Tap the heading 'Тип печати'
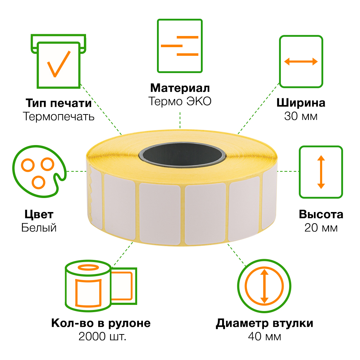point(59,103)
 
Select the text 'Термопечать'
point(59,116)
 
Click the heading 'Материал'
point(180,88)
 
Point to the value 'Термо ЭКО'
point(180,101)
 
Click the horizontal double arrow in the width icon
point(301,62)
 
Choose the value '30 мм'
point(301,116)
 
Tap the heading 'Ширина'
point(301,103)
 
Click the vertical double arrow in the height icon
point(321,172)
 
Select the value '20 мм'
point(321,228)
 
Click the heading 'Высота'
point(321,215)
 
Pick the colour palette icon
point(39,171)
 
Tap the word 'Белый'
point(39,228)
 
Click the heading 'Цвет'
point(39,215)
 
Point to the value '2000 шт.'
point(102,337)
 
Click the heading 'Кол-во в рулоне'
point(101,323)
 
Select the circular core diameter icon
point(264,286)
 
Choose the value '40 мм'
point(265,337)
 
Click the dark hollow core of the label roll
point(182,155)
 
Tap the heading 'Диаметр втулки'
point(265,323)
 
